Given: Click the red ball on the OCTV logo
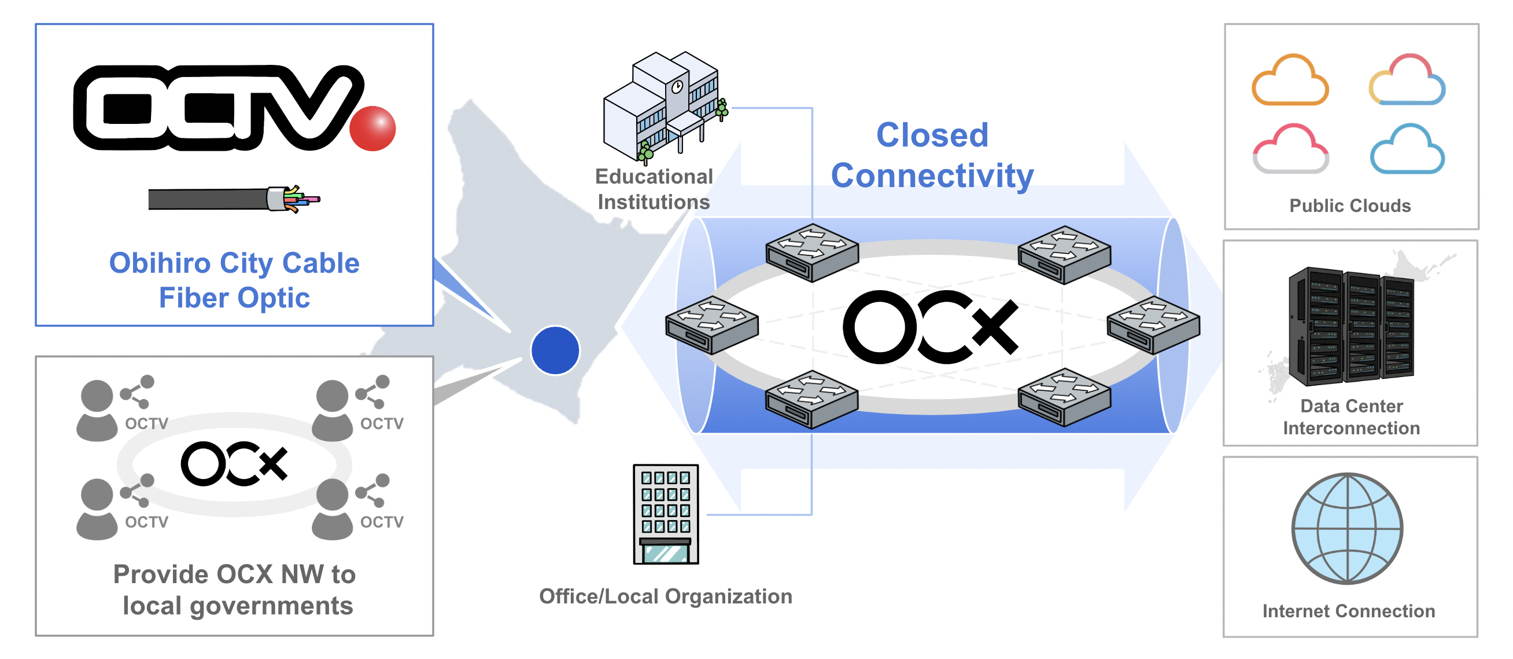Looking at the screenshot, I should pos(372,128).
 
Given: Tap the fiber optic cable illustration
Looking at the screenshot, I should pos(234,199).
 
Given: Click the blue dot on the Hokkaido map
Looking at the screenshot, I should pos(555,350).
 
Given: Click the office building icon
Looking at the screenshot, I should pos(666,514).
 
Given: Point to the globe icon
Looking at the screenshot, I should pos(1347,529).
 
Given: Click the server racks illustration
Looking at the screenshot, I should pos(1351,326).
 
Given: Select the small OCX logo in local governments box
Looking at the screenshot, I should pos(234,463).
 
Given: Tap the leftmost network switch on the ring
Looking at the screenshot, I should pos(711,324).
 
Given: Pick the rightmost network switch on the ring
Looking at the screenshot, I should pos(1153,324).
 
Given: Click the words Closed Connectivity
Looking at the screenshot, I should pos(932,155).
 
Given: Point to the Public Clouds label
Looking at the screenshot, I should pos(1350,206).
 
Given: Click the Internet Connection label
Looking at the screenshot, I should pos(1349,611).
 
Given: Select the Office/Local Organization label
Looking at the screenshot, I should pos(666,596).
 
